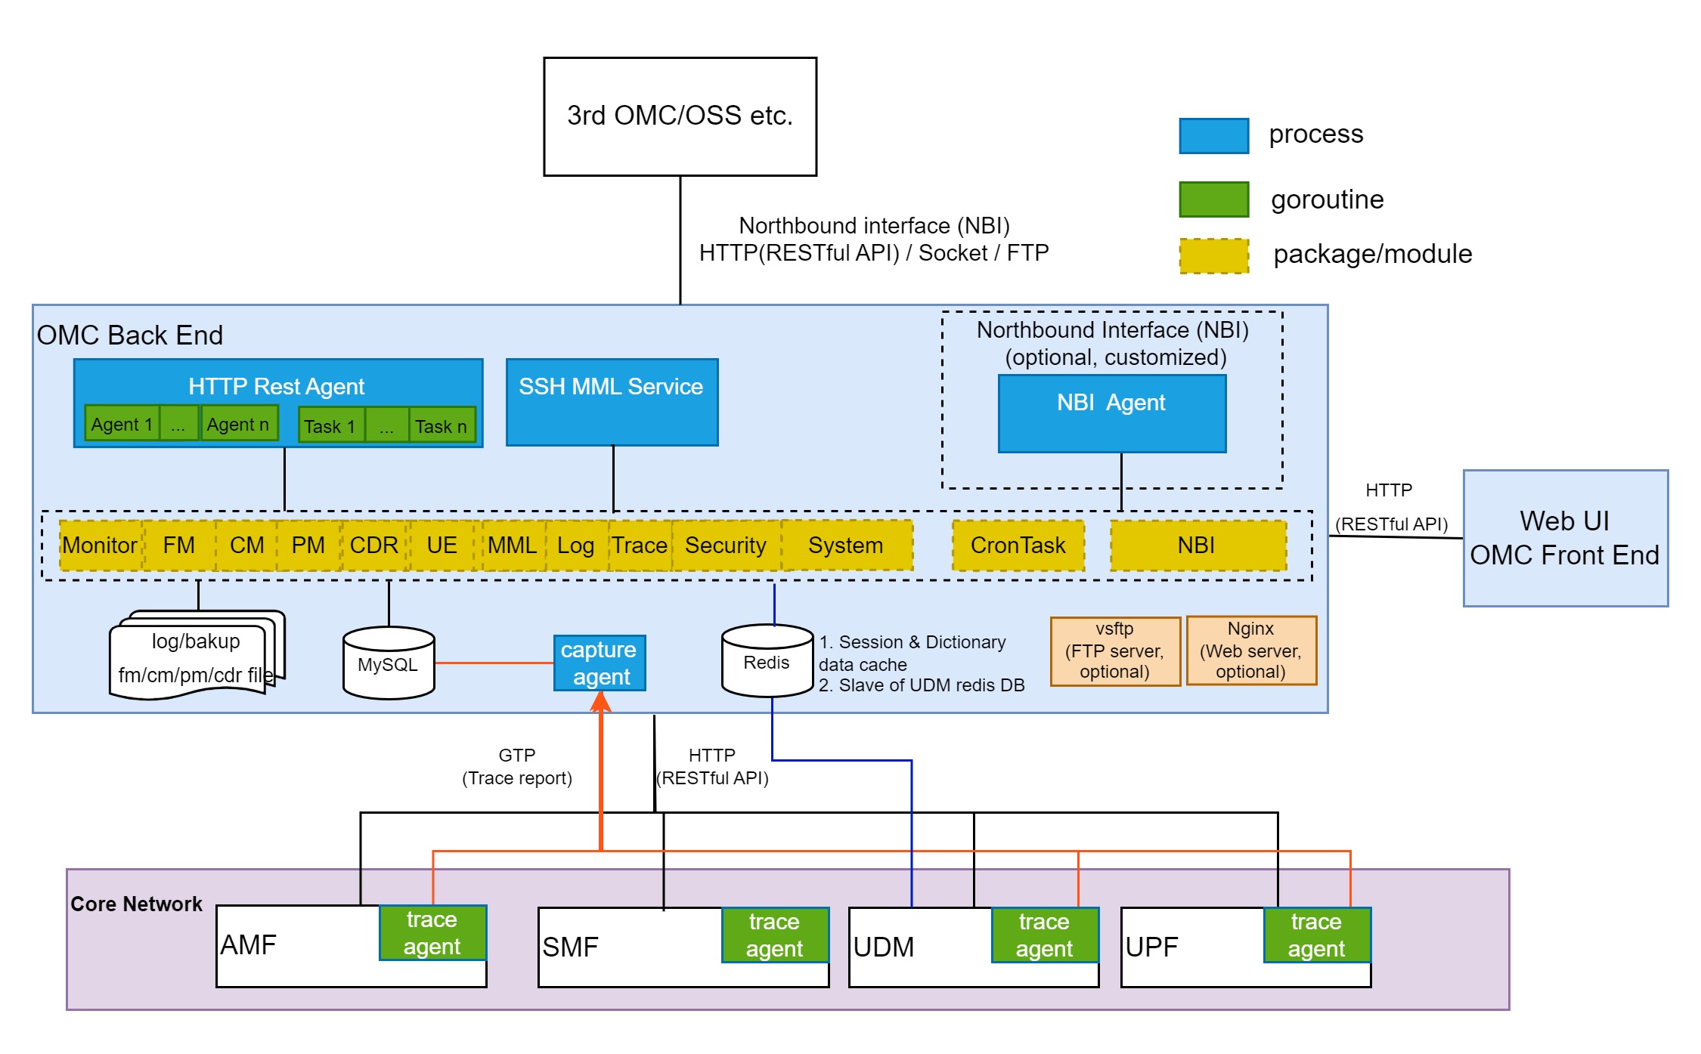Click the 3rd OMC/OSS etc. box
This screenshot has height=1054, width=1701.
680,116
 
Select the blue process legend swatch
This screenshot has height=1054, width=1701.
1213,136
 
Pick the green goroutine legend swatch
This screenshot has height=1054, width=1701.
1213,199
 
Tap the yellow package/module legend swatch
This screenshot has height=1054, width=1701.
1213,255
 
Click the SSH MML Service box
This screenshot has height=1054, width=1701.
612,403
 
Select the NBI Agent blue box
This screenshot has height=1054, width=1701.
1111,414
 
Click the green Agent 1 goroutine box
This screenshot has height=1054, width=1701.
122,424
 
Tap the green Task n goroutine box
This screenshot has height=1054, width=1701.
442,426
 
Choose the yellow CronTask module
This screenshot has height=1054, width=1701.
1018,546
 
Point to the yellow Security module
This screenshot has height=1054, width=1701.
725,546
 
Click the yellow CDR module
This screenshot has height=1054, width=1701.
374,546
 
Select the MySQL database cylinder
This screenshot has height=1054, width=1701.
388,664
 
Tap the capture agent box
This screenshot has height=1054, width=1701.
599,663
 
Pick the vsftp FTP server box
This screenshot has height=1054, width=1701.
1114,651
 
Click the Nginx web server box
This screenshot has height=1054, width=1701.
1250,651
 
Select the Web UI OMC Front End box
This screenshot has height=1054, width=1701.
1564,538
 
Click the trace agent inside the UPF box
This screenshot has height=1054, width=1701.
1316,935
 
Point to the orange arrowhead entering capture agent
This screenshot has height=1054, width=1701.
601,702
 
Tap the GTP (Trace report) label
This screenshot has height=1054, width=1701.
517,766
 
